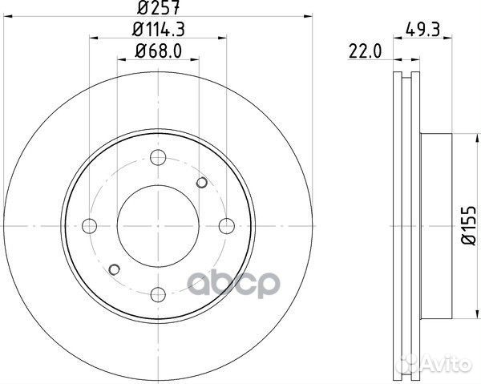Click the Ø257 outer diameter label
click(x=157, y=10)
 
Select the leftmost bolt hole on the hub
click(x=90, y=223)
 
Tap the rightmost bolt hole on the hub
click(x=225, y=223)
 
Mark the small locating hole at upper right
click(x=201, y=184)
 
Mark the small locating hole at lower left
click(x=114, y=268)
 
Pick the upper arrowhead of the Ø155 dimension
click(x=454, y=135)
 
